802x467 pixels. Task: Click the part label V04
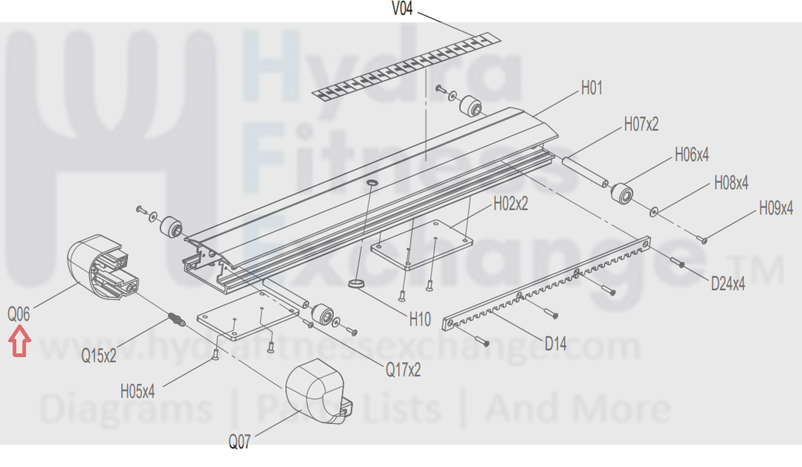pos(402,9)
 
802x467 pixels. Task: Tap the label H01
pos(591,88)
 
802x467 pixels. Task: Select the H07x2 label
pos(641,124)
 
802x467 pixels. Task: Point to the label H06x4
pos(692,155)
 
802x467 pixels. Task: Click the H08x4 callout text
pos(731,183)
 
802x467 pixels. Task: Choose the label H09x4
pos(776,208)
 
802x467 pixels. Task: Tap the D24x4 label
pos(728,283)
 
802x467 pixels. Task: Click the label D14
pos(556,344)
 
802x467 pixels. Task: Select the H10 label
pos(420,320)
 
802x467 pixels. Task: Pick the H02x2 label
pos(510,204)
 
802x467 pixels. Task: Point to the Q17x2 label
pos(403,370)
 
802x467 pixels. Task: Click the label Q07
pos(240,442)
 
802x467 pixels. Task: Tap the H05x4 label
pos(138,392)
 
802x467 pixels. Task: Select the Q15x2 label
pos(99,355)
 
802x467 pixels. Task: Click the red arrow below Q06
pos(19,342)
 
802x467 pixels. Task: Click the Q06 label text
pos(19,314)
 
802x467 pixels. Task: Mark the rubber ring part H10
pos(358,283)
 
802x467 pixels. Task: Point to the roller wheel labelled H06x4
pos(622,193)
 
